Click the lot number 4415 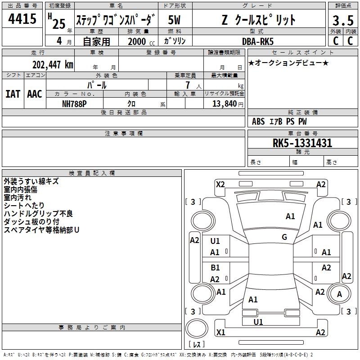point(22,18)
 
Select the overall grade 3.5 point(343,20)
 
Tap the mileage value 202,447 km point(53,65)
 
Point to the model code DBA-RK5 point(258,41)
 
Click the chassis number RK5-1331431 point(302,143)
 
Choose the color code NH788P point(74,104)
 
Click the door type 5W point(174,20)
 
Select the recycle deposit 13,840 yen point(228,104)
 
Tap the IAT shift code point(13,94)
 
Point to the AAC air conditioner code point(35,94)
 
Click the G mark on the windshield point(284,237)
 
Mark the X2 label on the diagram point(220,184)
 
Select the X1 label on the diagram point(220,332)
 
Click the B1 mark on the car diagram point(215,267)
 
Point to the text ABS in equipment point(258,121)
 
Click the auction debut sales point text point(288,63)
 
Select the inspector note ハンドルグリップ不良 point(38,213)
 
